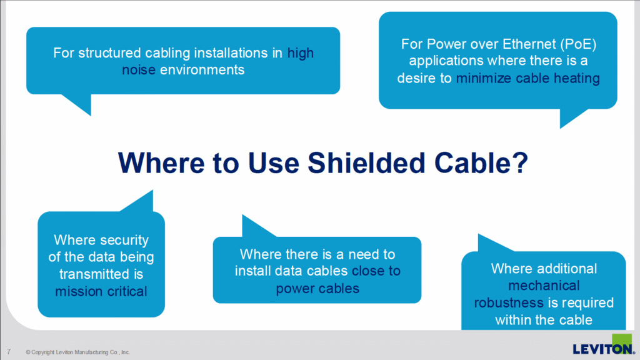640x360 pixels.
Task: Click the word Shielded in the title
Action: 366,163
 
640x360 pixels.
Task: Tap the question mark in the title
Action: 520,163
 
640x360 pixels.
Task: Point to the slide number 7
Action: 9,351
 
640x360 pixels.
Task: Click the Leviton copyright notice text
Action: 77,352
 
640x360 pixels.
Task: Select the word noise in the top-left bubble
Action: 139,70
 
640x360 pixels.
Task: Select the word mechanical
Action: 544,285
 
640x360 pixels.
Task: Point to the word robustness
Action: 509,302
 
